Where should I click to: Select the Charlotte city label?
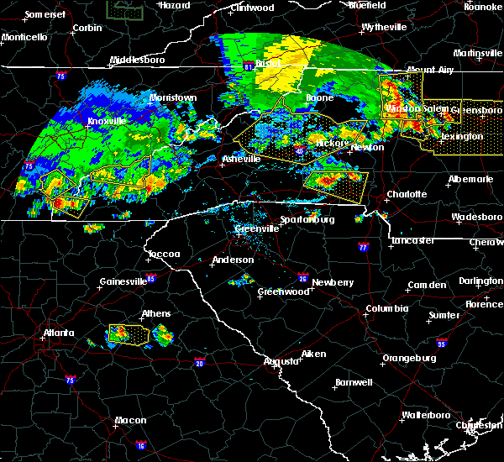point(407,194)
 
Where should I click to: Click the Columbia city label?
point(386,308)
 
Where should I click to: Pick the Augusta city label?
point(281,361)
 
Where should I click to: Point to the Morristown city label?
point(173,97)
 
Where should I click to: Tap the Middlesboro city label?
point(141,60)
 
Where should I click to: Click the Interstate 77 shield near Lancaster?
point(363,248)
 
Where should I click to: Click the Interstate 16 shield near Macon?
point(141,445)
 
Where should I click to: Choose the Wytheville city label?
point(384,27)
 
